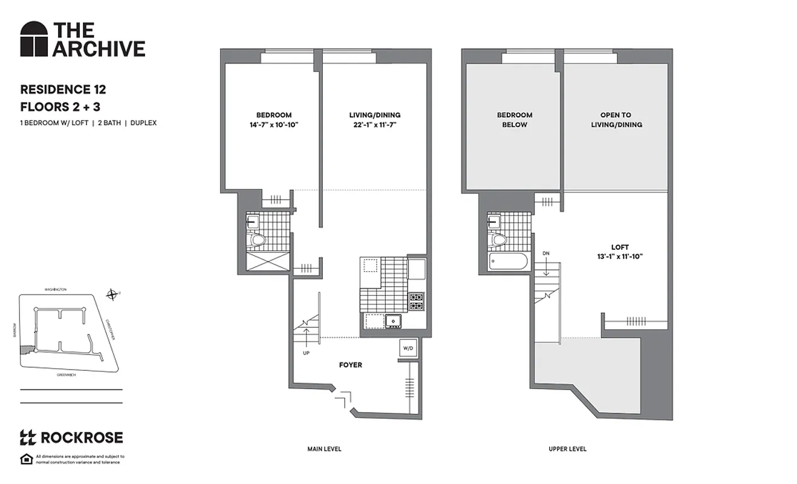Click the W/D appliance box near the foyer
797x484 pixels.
[x=407, y=348]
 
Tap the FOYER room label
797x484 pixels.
[x=351, y=365]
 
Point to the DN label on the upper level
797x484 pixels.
[x=546, y=253]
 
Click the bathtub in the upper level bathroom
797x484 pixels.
[x=508, y=263]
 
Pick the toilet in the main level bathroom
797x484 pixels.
[x=258, y=240]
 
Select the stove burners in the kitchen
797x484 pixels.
[x=417, y=301]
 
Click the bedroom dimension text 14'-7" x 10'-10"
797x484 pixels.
[x=274, y=125]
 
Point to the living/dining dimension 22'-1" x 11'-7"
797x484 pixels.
[x=374, y=125]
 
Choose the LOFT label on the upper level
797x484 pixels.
[x=620, y=247]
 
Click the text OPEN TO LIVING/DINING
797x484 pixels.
[x=616, y=120]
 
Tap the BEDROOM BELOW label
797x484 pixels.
[x=515, y=120]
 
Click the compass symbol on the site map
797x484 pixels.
[x=112, y=295]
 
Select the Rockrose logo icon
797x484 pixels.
[x=28, y=437]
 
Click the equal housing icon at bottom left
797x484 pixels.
[x=26, y=459]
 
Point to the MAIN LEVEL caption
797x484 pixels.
[x=325, y=449]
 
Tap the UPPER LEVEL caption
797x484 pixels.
[x=567, y=449]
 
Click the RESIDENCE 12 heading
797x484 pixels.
[x=63, y=90]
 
